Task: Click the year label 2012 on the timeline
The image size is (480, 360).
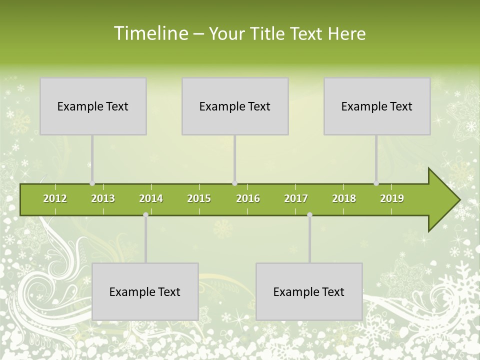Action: tap(55, 198)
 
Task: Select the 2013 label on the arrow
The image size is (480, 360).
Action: tap(103, 198)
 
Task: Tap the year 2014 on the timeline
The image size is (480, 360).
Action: tap(151, 198)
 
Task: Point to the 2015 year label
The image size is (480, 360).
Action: tap(199, 198)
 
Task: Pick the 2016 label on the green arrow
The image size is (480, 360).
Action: tap(248, 198)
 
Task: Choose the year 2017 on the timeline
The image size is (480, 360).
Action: tap(296, 198)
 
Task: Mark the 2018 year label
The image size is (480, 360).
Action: tap(344, 198)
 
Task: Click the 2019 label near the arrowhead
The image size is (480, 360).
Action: tap(392, 198)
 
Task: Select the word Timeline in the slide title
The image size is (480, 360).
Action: tap(150, 33)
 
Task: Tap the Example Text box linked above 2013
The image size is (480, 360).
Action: tap(93, 106)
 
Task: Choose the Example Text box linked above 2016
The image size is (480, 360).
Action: tap(235, 106)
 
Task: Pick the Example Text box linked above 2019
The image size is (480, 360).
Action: tap(377, 106)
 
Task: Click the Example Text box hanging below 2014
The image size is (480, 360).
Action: tap(145, 291)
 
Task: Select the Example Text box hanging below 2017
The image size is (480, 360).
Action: tap(309, 291)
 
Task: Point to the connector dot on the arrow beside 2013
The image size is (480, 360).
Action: tap(92, 183)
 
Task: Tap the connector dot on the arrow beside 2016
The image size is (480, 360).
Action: tap(234, 183)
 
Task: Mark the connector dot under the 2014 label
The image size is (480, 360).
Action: tap(145, 215)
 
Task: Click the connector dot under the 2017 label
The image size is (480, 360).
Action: tap(309, 215)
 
